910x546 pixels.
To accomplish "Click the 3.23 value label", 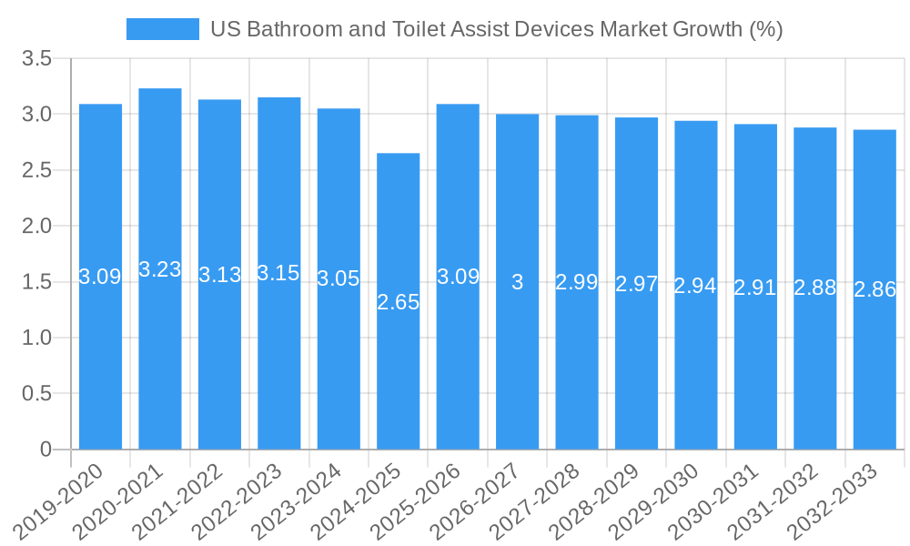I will pos(160,269).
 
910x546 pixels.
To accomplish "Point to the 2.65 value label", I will pos(398,302).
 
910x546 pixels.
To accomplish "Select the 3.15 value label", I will pos(278,273).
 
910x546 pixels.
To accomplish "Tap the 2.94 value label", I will pos(695,286).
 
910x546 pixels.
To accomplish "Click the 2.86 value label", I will pos(875,289).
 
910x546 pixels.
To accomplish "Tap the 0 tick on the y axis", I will pos(46,450).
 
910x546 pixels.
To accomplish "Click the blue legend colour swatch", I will pos(162,29).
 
